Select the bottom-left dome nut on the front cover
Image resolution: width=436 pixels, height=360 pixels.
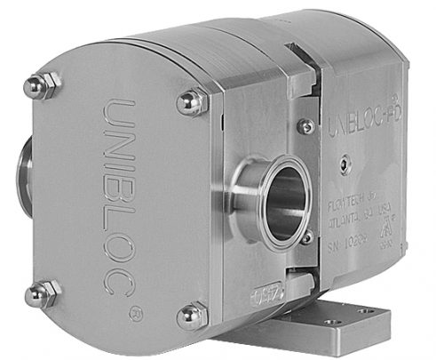(40, 294)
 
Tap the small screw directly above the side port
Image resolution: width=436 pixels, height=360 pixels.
(305, 128)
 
